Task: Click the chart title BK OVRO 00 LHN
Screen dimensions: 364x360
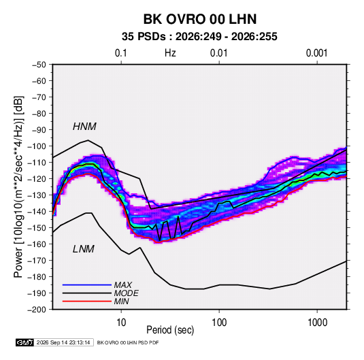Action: pos(200,19)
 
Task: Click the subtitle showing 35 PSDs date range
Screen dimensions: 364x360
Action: pos(199,37)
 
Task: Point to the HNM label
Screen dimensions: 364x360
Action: pos(84,127)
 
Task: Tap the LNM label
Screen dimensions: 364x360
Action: pos(84,249)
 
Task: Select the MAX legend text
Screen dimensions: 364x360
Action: pos(122,284)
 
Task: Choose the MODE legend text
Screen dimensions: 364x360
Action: pos(126,293)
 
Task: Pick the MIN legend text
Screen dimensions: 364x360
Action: pos(121,301)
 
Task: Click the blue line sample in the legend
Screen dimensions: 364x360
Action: pos(87,284)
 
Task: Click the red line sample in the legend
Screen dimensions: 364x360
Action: pos(87,301)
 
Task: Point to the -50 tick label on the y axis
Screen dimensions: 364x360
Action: pos(39,65)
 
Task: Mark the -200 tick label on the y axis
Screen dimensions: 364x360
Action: pos(37,310)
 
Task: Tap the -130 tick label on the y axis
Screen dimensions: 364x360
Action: pos(37,195)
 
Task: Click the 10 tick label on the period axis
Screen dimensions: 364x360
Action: pos(121,323)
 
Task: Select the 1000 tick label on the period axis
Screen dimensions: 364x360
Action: pos(317,323)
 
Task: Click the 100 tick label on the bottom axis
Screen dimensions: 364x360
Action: pos(219,323)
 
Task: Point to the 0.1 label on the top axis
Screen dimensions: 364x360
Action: pos(121,53)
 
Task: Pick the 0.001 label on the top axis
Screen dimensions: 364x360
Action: pos(316,53)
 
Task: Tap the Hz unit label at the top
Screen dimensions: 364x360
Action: pos(170,53)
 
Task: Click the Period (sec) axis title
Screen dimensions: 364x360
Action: pos(170,330)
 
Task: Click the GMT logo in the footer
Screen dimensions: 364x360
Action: pos(24,342)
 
